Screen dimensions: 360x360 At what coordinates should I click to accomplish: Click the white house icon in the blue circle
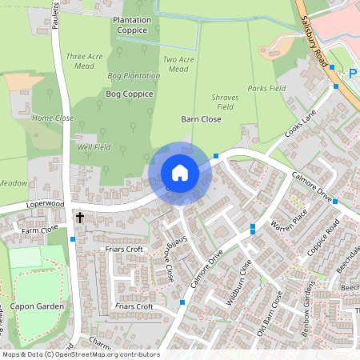coord(180,173)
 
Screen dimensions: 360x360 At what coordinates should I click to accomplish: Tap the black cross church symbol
coord(79,217)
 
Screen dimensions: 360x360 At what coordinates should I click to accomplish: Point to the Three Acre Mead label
coord(86,62)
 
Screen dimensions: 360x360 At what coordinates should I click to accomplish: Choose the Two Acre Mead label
coord(178,64)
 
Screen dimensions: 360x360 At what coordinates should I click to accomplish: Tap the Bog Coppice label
coord(129,94)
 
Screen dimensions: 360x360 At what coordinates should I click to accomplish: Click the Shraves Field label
coord(224,101)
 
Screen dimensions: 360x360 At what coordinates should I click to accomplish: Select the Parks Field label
coord(266,88)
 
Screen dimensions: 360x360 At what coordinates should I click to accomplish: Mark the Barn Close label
coord(202,118)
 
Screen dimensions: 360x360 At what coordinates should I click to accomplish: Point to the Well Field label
coord(94,147)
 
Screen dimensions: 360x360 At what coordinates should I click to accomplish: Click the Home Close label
coord(52,118)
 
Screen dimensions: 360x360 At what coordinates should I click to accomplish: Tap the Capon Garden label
coord(37,282)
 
